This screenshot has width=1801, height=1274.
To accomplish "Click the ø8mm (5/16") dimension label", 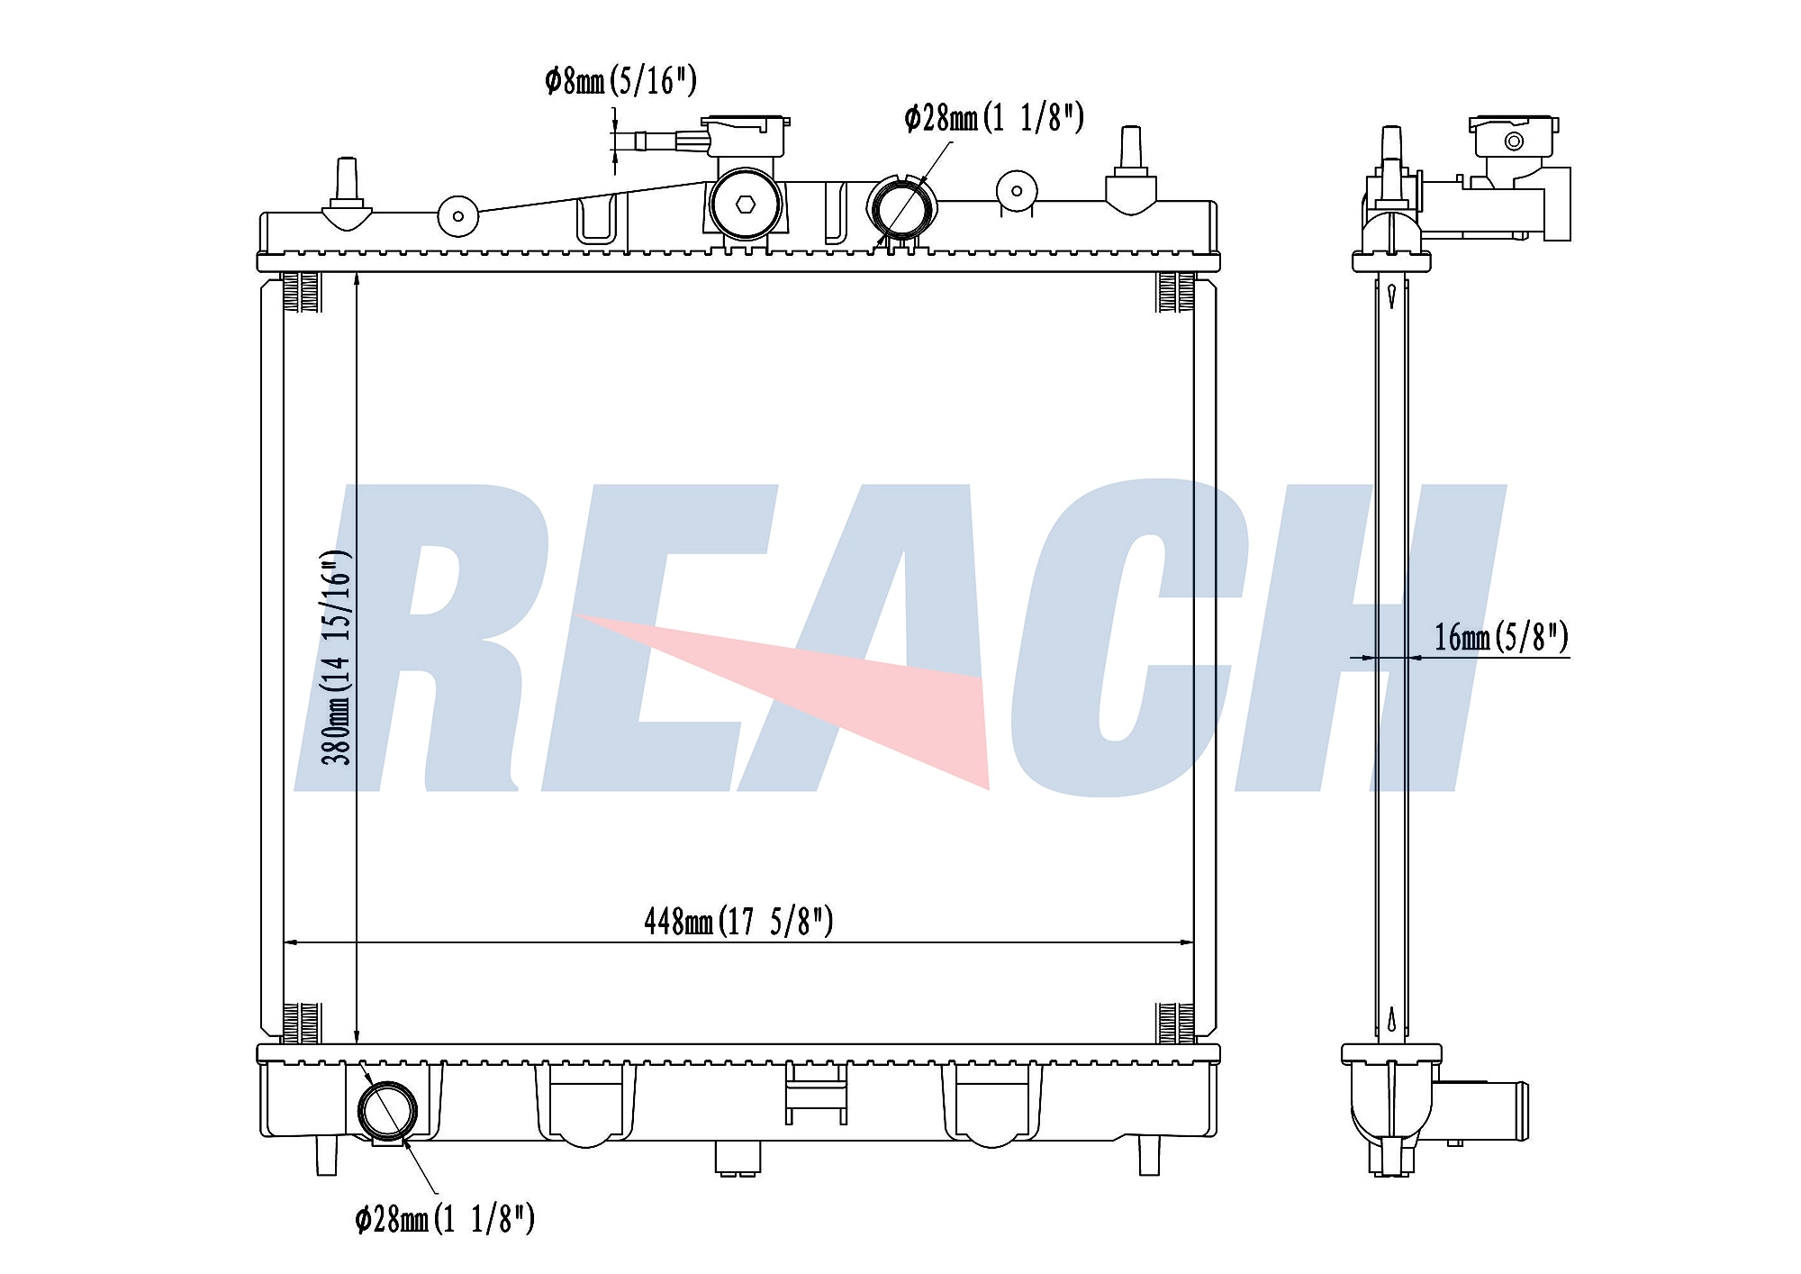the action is coord(620,81).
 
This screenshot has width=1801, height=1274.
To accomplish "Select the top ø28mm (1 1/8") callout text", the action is coord(994,118).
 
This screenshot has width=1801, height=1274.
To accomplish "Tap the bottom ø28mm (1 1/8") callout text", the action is coord(445,1219).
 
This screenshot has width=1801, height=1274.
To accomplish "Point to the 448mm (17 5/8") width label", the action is coord(738,921).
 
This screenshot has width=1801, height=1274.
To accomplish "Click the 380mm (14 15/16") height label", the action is coord(337,657).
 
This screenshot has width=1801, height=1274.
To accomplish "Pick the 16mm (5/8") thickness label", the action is coord(1501,637).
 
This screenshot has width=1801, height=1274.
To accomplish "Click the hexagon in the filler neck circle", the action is coord(745,205).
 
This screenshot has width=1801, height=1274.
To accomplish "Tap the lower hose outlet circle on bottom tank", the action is coord(388,1111).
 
